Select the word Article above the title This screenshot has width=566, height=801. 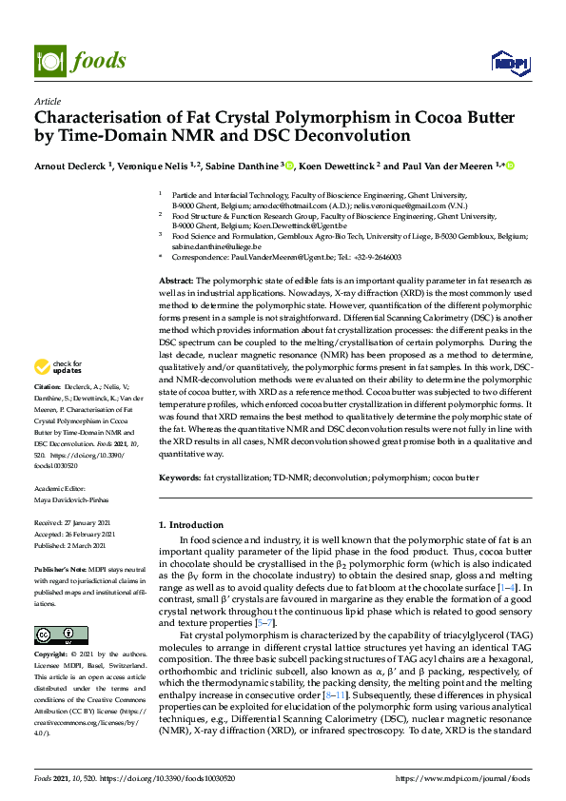[48, 101]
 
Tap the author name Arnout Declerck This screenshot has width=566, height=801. [71, 166]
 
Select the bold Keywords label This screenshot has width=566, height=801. [179, 476]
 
